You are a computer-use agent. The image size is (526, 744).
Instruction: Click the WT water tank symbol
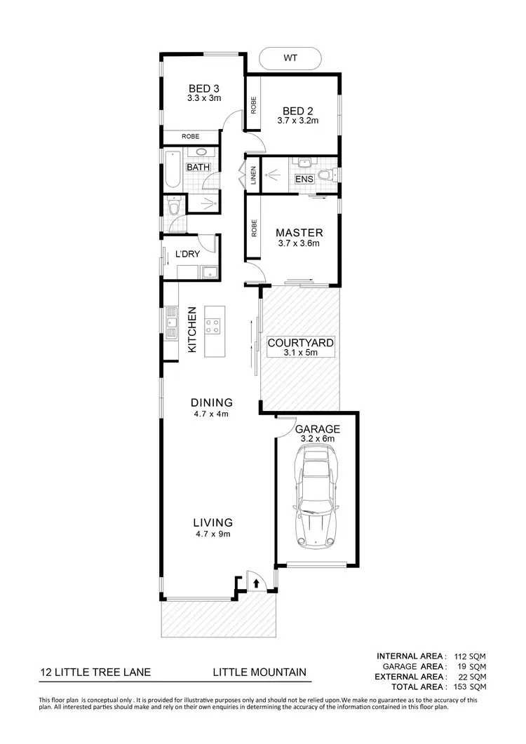290,58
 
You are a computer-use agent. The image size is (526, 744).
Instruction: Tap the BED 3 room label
204,89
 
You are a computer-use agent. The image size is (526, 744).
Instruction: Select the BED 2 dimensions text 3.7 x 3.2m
297,121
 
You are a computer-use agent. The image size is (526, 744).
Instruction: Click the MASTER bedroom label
299,233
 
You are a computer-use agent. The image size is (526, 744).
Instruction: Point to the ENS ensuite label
304,180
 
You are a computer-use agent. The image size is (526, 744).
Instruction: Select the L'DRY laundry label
188,253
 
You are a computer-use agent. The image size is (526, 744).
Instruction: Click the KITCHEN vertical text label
191,330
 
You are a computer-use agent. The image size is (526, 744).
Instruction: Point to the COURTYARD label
300,344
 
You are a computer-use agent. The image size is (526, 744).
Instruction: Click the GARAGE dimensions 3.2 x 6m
317,439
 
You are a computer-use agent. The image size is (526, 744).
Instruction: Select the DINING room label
211,403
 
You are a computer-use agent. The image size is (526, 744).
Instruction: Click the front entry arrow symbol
257,582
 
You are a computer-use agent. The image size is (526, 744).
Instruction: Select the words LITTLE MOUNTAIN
259,672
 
